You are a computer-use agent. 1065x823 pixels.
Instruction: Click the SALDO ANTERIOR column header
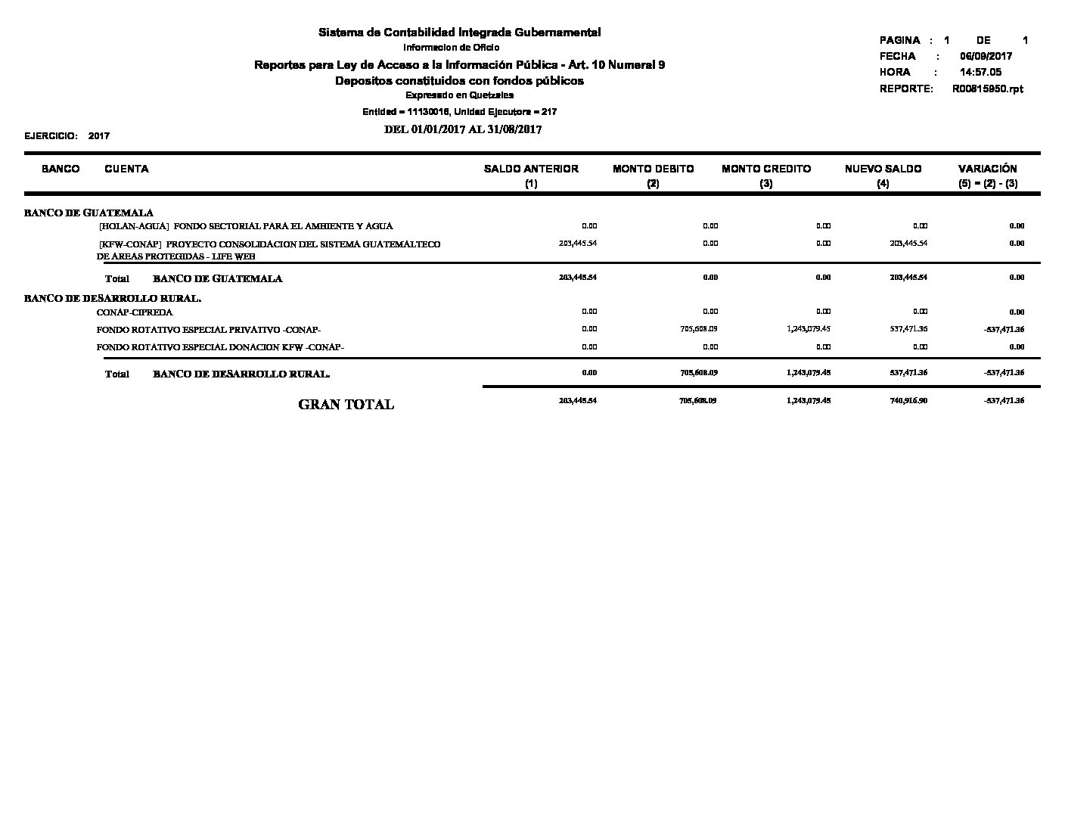coord(531,169)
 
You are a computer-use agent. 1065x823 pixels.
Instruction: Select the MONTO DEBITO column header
coord(653,169)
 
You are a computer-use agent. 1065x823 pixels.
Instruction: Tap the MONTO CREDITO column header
coord(766,169)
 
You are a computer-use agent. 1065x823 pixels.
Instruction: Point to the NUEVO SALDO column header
coord(883,169)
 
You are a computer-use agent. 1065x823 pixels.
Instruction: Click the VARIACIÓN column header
coord(987,169)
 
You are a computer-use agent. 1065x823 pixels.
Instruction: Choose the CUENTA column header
coord(126,169)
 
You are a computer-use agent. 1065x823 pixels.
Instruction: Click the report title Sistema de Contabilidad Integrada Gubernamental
coord(459,33)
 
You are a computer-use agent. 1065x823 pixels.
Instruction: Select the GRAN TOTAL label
coord(346,405)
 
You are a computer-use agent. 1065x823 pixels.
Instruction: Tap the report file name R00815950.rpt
coord(987,89)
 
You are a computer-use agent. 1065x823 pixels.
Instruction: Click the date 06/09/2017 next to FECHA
coord(986,56)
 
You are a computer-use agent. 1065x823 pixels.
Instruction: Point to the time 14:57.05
coord(980,72)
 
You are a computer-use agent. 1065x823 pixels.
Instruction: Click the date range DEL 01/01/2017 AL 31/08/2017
coord(463,129)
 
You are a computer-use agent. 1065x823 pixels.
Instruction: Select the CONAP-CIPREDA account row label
coord(135,312)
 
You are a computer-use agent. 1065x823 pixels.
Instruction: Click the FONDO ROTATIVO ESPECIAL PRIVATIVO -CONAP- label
coord(209,330)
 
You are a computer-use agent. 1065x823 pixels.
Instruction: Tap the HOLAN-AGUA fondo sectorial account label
coord(246,226)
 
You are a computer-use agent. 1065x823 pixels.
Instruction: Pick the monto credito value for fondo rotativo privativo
coord(809,329)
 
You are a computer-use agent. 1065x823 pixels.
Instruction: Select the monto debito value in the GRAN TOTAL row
coord(698,400)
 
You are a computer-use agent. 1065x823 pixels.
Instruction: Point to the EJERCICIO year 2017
coord(99,136)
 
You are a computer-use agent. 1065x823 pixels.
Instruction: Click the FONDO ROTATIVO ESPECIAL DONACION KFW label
coord(220,347)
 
